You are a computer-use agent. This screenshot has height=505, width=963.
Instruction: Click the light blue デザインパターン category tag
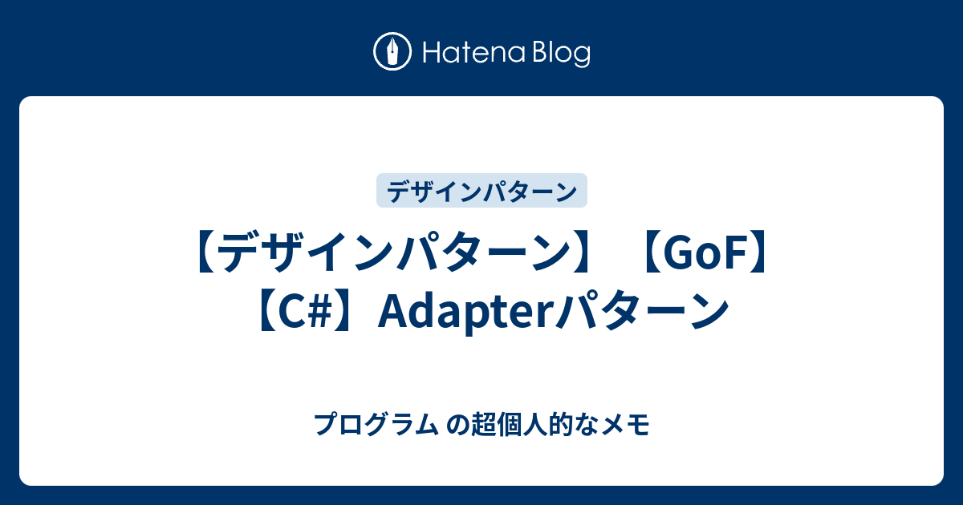click(481, 192)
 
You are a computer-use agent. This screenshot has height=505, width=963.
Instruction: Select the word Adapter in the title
click(465, 311)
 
